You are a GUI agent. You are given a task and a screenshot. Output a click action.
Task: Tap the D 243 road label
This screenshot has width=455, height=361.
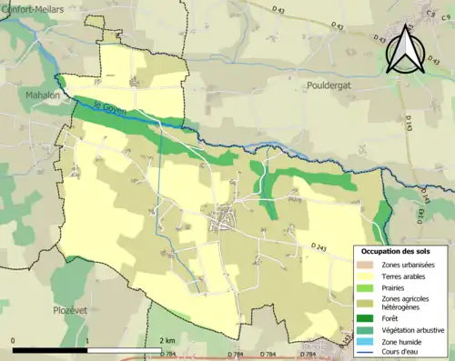tap(318, 246)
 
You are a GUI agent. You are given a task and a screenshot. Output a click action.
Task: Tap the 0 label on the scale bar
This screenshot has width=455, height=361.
tap(14, 339)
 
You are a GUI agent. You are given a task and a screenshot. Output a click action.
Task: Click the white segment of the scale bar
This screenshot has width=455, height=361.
tap(125, 350)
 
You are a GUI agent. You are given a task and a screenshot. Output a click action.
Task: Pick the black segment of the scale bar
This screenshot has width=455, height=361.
tap(50, 350)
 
